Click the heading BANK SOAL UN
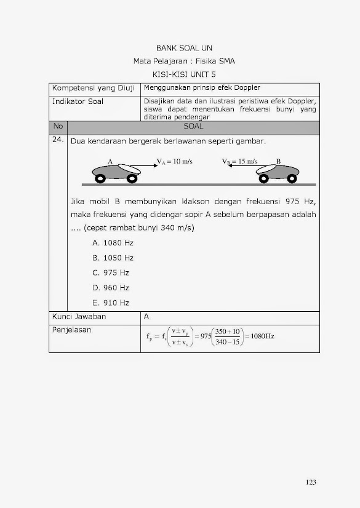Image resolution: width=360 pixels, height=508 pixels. pos(184,48)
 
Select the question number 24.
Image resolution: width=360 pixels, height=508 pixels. pos(58,140)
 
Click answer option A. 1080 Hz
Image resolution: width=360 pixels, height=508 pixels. pos(113,243)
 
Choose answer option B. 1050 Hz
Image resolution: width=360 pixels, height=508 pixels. pos(113,258)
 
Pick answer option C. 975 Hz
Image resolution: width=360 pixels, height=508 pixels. pos(111,272)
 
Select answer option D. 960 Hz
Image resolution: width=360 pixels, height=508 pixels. pos(111,287)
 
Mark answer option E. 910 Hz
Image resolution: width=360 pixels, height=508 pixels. pos(111,303)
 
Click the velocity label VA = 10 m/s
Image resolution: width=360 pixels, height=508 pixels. pos(175,162)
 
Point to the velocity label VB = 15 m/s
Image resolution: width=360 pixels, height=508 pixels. pos(240,162)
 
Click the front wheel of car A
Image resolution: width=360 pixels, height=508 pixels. pos(131,179)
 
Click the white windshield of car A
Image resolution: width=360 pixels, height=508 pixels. pos(128,167)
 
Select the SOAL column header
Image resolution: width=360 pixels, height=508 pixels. pos(193,126)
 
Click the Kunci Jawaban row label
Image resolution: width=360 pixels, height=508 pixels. pos(79,317)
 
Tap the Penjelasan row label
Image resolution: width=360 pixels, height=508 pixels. pos(72,330)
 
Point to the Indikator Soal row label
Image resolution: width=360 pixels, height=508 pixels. pos(78,101)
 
